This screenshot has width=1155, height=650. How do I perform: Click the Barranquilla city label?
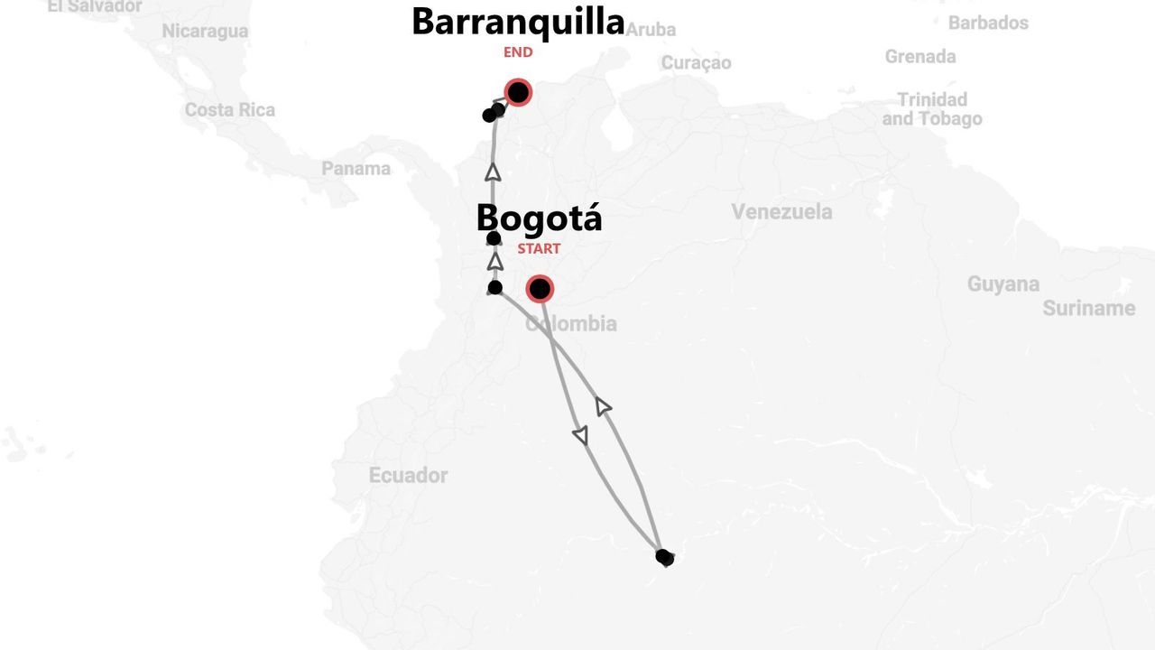click(518, 22)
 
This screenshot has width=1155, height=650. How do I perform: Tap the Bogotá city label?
click(539, 218)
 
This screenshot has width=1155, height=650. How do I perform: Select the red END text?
click(518, 52)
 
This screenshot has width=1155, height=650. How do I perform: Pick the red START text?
click(539, 248)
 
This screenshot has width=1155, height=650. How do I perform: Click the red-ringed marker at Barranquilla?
click(518, 92)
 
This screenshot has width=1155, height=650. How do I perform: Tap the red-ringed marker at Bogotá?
click(540, 289)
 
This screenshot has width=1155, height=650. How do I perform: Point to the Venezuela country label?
click(781, 212)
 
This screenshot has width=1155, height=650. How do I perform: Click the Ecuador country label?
click(408, 475)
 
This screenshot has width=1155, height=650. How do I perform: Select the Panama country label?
click(356, 169)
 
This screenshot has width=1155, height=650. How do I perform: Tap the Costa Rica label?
click(230, 110)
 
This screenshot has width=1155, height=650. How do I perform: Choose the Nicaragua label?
click(205, 32)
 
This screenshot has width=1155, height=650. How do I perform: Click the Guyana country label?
click(1003, 284)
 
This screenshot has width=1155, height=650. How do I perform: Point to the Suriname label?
click(1088, 309)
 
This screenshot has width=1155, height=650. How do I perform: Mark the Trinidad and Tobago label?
click(932, 109)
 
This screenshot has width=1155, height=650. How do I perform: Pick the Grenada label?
click(919, 57)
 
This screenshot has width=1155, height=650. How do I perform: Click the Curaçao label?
click(696, 63)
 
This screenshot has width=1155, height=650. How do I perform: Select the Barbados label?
click(988, 23)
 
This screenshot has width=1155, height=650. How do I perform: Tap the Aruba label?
click(651, 30)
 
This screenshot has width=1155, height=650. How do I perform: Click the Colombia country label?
click(572, 323)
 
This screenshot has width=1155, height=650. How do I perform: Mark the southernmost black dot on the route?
click(665, 558)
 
